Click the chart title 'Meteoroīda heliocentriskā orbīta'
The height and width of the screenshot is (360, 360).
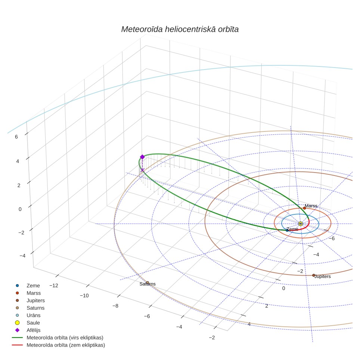180,30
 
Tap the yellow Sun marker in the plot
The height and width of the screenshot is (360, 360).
301,224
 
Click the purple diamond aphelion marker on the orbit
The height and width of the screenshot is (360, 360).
142,157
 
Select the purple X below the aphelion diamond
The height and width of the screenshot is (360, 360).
142,170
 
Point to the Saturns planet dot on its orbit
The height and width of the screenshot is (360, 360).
148,283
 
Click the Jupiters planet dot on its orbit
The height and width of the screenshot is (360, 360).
314,275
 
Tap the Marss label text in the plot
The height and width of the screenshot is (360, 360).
311,206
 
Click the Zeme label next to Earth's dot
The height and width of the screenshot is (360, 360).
292,229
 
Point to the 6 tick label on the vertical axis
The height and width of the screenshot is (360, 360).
16,137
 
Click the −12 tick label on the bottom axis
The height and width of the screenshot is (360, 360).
54,286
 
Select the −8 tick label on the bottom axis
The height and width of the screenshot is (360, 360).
115,306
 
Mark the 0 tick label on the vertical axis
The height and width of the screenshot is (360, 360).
20,210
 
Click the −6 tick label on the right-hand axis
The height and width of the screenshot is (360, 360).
332,239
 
